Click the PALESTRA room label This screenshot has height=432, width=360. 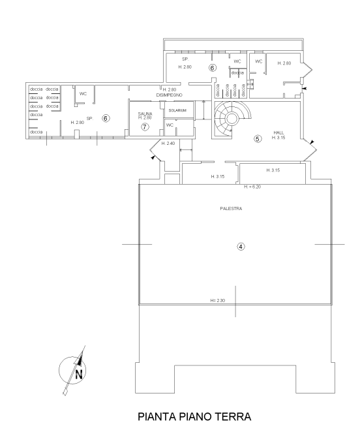coord(231,209)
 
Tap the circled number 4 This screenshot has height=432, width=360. coord(241,246)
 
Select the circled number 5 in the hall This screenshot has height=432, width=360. coord(258,138)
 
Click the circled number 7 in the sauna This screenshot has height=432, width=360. coord(145,127)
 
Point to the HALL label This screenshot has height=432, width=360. coord(278,132)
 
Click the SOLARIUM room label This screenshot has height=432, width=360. coord(177,110)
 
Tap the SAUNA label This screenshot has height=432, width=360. coord(145,114)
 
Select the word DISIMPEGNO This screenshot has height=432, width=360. coord(169,95)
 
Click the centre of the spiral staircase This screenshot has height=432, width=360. coord(232,119)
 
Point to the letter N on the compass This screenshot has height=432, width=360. coord(79,375)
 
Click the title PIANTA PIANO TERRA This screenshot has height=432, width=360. coord(194,416)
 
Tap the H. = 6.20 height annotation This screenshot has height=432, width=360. coord(252,187)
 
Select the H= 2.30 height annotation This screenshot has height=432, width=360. coord(218,300)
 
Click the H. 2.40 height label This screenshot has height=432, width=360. coord(168,144)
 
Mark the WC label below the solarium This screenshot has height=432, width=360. coord(170,125)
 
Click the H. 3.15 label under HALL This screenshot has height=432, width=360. coord(278,138)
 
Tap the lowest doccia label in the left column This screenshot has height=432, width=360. coord(37,132)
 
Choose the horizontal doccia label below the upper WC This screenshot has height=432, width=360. coord(237,72)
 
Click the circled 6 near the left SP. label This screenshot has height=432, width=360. coord(106,118)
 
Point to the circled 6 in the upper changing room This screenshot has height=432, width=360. coord(212,67)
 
